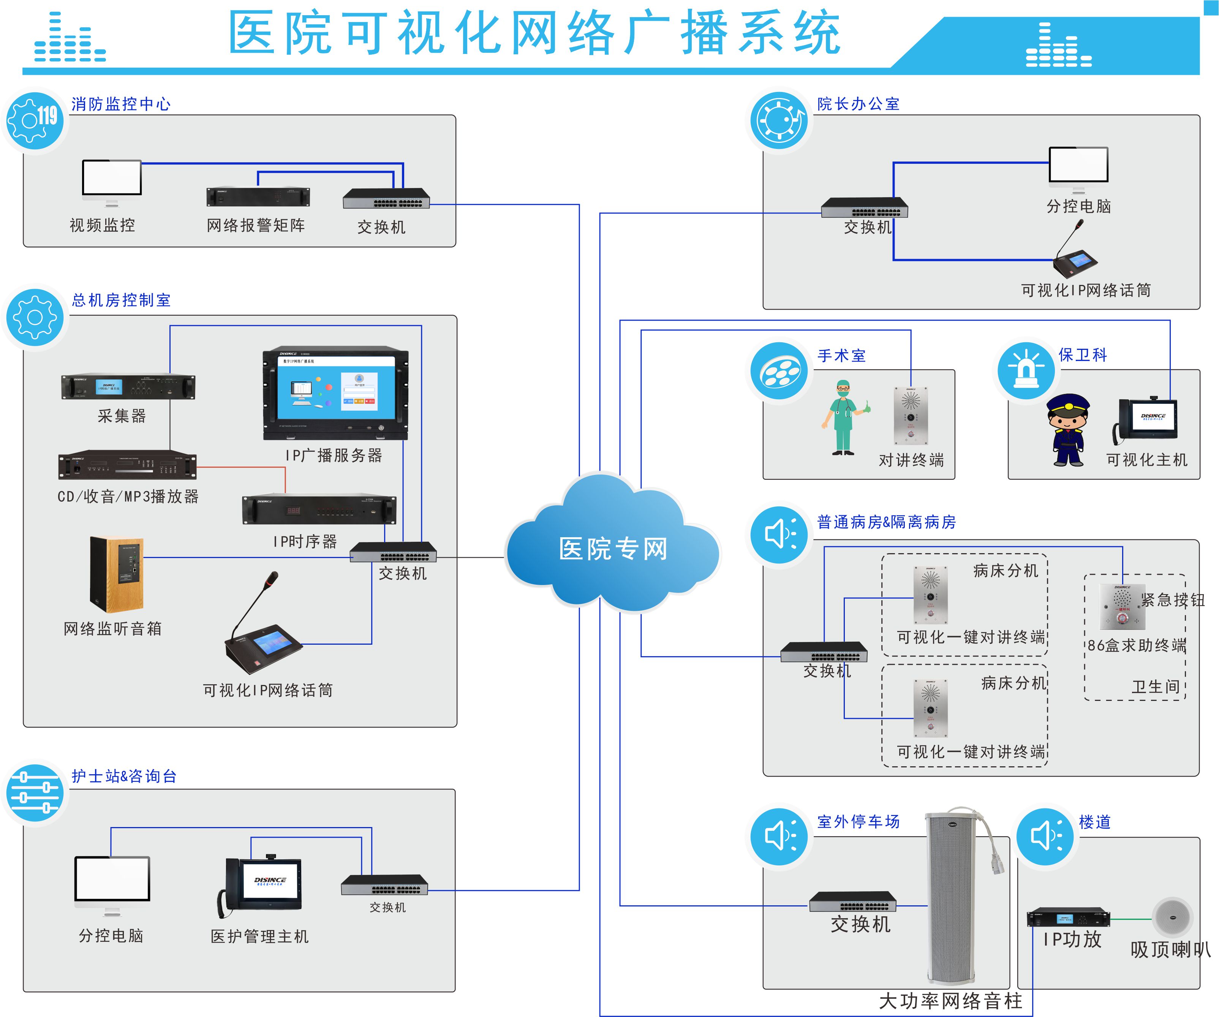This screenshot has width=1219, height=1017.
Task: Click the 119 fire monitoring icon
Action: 35,121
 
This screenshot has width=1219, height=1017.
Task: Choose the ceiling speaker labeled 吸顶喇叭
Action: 1172,917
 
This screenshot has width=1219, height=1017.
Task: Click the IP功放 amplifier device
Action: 1068,918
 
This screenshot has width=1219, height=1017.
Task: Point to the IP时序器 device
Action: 319,510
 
